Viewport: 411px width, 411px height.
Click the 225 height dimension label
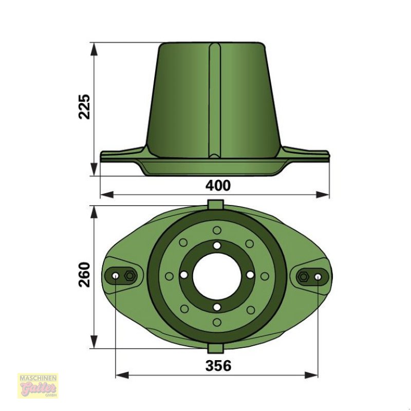pyautogui.click(x=84, y=106)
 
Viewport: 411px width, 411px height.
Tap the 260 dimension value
pyautogui.click(x=84, y=274)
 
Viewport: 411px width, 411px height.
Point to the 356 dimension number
pyautogui.click(x=218, y=366)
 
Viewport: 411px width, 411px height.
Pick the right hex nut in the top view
pyautogui.click(x=304, y=276)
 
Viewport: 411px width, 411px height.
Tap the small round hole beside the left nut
pyautogui.click(x=116, y=276)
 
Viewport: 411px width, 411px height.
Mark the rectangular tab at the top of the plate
pyautogui.click(x=215, y=204)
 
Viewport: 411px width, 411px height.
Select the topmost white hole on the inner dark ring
pyautogui.click(x=217, y=246)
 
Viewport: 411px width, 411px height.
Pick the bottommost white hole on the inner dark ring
pyautogui.click(x=217, y=307)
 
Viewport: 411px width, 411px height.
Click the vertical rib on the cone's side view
pyautogui.click(x=215, y=100)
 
